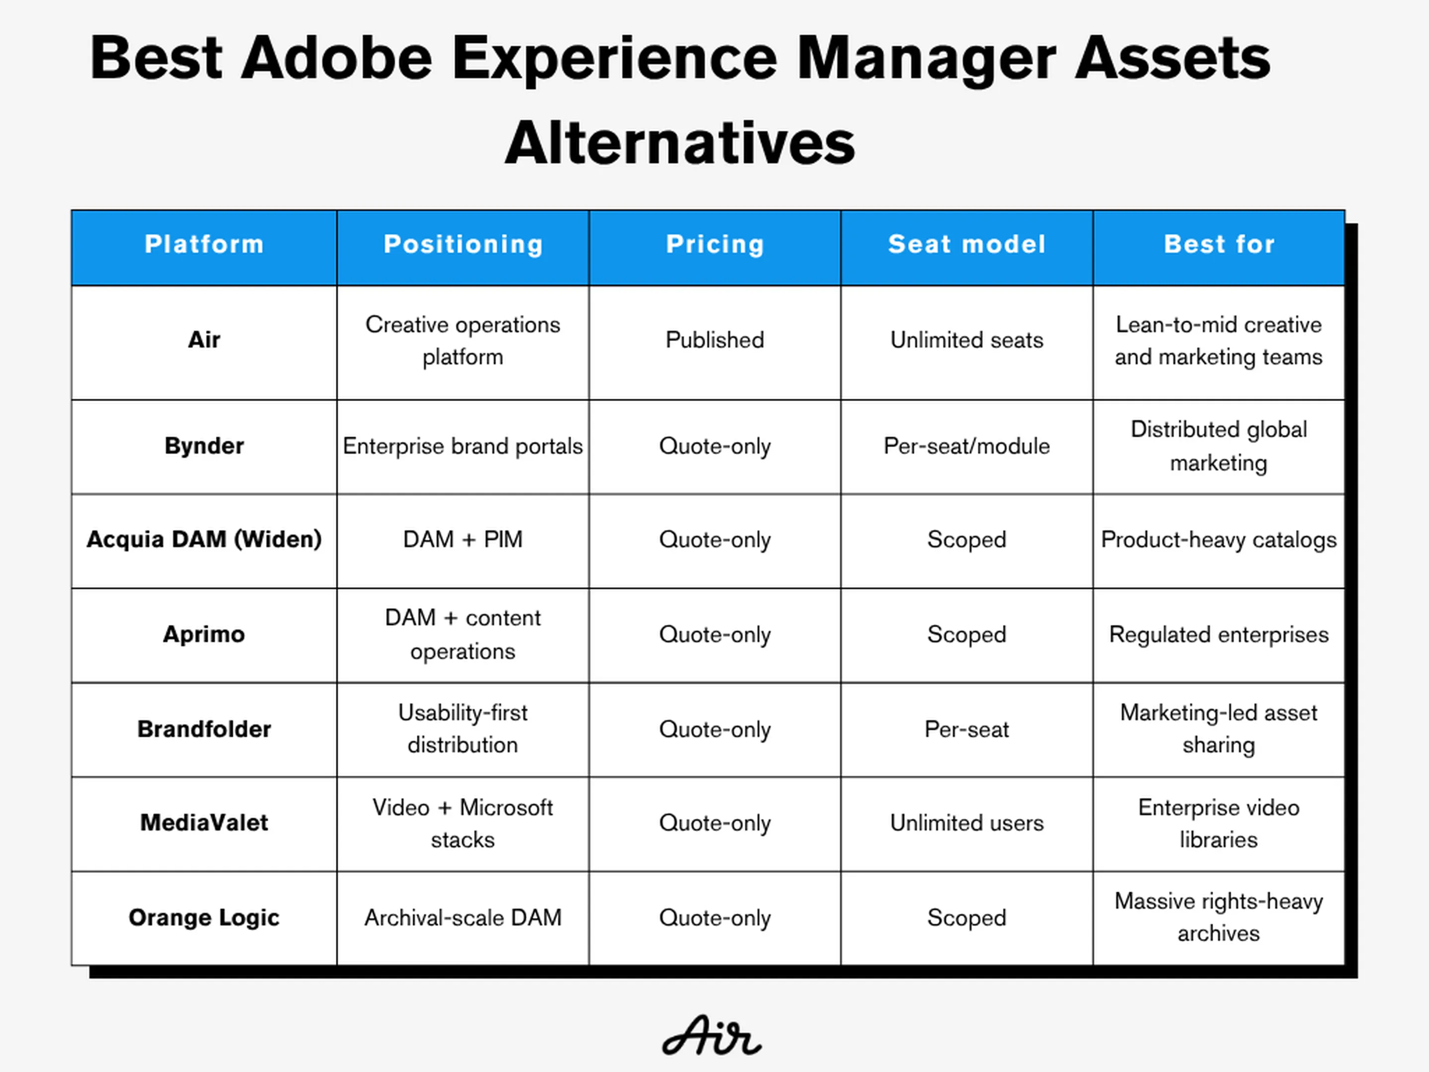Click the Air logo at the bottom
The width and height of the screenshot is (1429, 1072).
712,1035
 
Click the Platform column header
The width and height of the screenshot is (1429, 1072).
204,244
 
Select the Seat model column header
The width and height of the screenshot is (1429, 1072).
967,244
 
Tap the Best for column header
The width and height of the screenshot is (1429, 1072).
1219,244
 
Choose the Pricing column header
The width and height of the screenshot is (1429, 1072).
715,244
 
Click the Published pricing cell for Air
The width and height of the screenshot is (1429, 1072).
714,340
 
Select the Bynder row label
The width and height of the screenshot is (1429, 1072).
204,446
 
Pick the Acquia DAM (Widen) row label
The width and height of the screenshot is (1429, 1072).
204,539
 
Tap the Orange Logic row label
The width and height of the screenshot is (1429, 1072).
204,918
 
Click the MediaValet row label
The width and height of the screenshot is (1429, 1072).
204,822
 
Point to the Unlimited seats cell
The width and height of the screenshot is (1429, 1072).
967,340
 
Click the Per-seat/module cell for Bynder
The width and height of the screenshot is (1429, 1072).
967,446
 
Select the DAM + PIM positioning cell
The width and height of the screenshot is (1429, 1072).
462,539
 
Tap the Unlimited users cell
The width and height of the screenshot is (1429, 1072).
967,822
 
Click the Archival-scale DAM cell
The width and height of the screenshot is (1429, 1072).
462,918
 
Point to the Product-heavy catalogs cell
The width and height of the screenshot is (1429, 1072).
1219,539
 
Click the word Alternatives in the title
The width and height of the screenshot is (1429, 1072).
680,143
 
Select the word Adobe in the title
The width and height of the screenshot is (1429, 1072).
336,58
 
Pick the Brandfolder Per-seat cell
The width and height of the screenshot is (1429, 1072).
967,729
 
